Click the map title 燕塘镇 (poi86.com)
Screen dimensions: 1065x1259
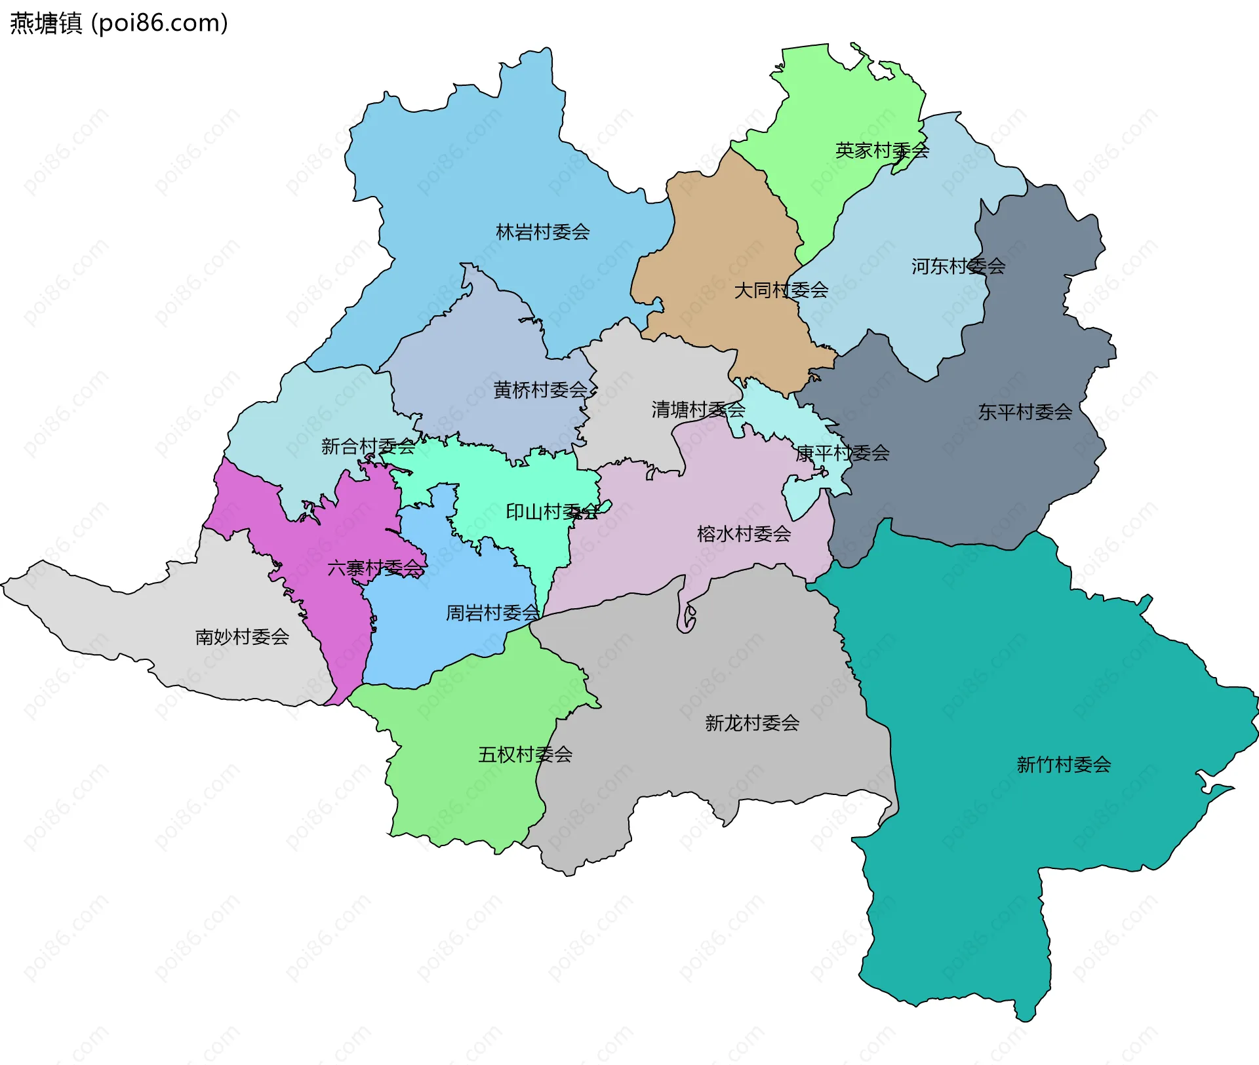click(119, 23)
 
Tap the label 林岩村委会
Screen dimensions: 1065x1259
click(542, 232)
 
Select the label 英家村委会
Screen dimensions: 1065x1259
click(882, 151)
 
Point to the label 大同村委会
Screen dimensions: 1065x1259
click(780, 290)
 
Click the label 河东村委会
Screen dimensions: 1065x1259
click(957, 266)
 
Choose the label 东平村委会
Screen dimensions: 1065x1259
click(1024, 412)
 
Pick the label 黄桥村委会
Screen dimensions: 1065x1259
click(540, 390)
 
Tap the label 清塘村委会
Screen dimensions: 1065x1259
click(698, 410)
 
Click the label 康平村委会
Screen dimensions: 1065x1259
click(842, 453)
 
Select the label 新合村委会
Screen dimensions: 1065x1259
click(368, 446)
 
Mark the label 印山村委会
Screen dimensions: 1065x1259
click(552, 512)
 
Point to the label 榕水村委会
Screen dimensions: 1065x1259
click(744, 533)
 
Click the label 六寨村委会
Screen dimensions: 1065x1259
click(375, 568)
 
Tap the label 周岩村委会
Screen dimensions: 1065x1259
click(492, 613)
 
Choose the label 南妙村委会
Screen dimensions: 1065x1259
click(242, 636)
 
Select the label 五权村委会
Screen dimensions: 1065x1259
click(525, 754)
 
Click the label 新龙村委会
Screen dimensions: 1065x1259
click(751, 723)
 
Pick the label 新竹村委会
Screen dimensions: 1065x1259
click(1063, 764)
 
